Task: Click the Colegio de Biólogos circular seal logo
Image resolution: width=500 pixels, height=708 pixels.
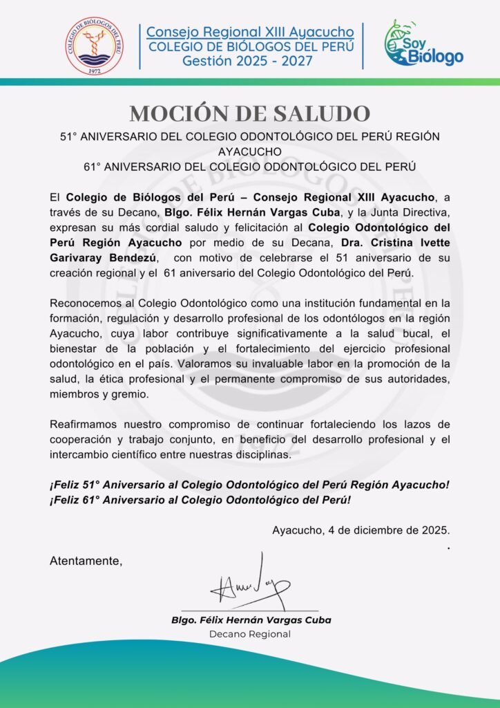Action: [x=95, y=46]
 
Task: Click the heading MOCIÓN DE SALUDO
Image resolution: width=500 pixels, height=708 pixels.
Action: [x=249, y=113]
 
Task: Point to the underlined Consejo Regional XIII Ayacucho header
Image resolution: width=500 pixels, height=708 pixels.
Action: [x=250, y=32]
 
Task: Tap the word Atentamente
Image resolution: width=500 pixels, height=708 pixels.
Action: [x=86, y=561]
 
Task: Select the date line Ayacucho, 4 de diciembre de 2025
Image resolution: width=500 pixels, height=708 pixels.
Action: [x=361, y=531]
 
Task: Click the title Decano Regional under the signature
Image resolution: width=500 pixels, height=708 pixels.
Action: [x=250, y=634]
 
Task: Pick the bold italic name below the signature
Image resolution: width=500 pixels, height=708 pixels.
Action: [x=251, y=619]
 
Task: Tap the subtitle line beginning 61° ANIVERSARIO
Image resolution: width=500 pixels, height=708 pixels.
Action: [x=249, y=166]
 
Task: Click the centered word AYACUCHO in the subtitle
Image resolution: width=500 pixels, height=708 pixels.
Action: [x=249, y=151]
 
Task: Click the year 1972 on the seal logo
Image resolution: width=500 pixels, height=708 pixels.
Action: [x=95, y=70]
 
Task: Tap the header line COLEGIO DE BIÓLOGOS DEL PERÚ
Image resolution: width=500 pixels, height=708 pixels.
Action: [x=251, y=47]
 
